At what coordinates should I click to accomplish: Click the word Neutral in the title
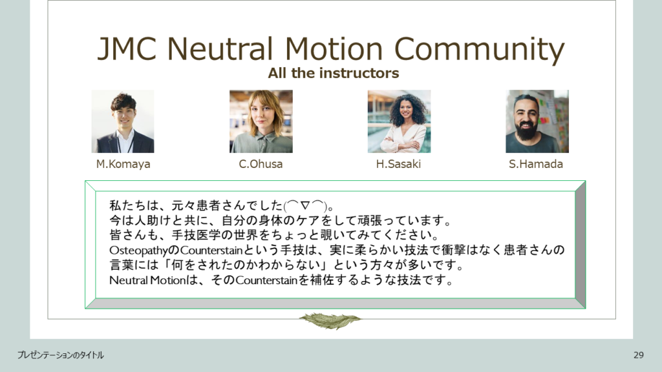point(220,48)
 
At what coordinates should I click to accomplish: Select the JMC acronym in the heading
point(127,48)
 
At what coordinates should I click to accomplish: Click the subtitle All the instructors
point(334,73)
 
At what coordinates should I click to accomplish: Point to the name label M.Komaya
point(123,163)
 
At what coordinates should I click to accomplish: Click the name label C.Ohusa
point(261,163)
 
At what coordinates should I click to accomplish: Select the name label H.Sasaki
point(398,163)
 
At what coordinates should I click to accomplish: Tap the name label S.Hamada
point(536,163)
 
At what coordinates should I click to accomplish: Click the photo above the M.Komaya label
point(123,121)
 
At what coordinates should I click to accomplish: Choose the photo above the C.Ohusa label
point(261,121)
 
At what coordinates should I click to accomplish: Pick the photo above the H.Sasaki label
point(399,121)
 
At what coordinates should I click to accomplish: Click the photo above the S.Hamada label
point(537,121)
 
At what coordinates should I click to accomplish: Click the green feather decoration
point(330,321)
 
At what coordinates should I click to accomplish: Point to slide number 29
point(638,355)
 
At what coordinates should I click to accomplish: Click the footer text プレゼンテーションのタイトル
point(60,355)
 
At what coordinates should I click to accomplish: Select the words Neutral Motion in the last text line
point(147,280)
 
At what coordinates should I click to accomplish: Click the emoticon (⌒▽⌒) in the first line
point(306,206)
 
